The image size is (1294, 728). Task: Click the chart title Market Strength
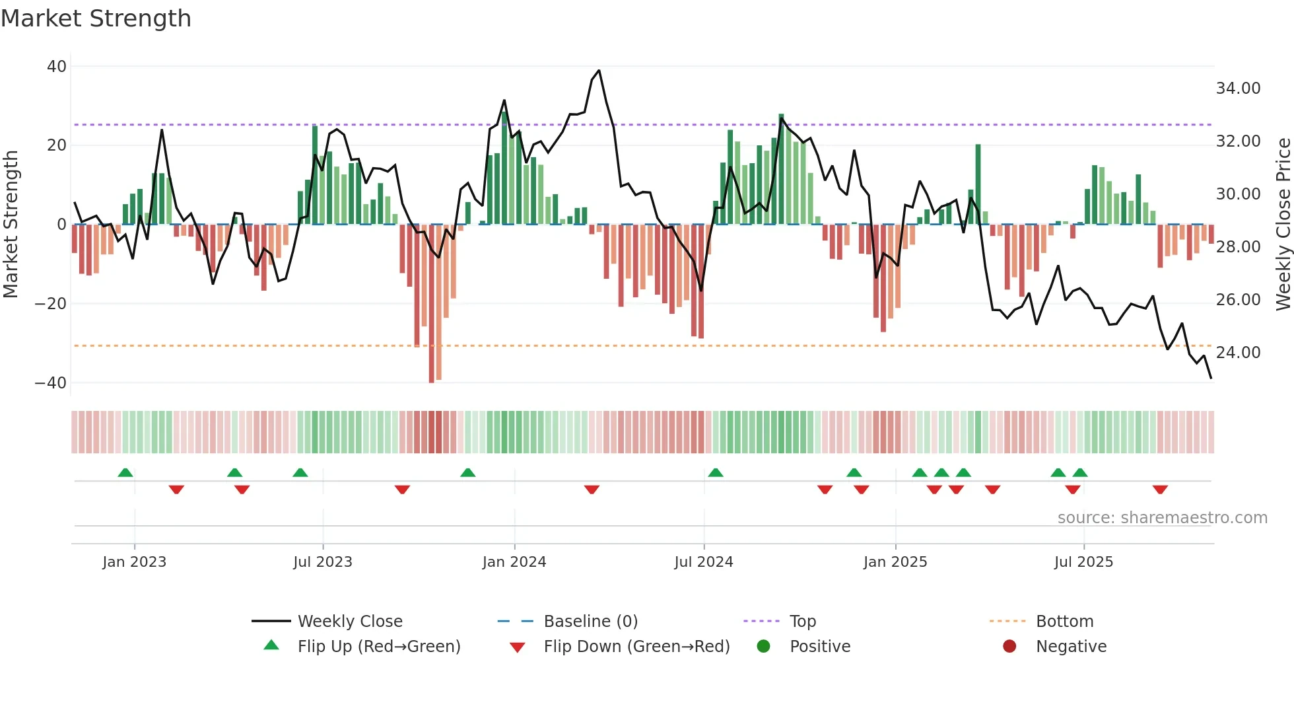[x=96, y=18]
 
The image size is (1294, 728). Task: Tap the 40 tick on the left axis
[x=57, y=66]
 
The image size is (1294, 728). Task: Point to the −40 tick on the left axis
[x=51, y=383]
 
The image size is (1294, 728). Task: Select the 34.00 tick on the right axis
[x=1238, y=89]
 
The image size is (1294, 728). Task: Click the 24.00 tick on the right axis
[x=1238, y=353]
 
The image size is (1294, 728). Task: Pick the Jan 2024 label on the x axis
[x=514, y=562]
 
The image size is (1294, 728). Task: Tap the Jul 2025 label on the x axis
[x=1083, y=562]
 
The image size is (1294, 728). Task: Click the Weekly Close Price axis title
[x=1283, y=225]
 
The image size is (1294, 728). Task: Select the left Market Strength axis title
[x=11, y=225]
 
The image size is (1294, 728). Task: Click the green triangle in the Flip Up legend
[x=271, y=645]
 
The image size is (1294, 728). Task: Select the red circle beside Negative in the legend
[x=1009, y=646]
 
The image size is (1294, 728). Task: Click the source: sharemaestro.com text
[x=1162, y=518]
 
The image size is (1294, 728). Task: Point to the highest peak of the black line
[x=599, y=71]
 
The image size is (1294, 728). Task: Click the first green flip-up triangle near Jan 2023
[x=125, y=472]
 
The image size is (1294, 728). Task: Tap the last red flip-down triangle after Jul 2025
[x=1160, y=490]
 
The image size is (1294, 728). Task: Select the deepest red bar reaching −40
[x=432, y=304]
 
